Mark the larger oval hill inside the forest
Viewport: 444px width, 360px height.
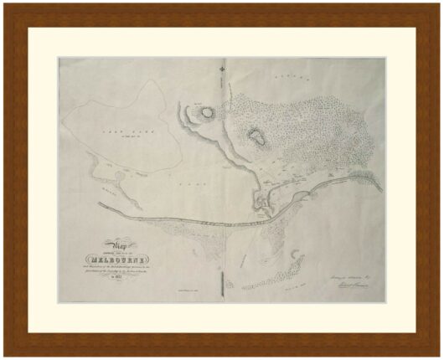tap(257, 137)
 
